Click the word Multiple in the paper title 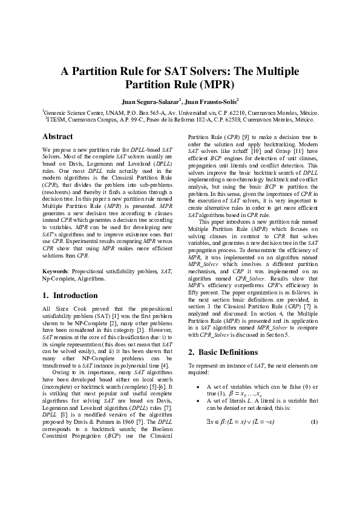(x=277, y=71)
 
